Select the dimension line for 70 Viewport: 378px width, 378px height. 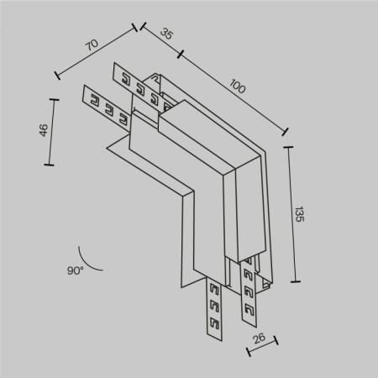(97, 53)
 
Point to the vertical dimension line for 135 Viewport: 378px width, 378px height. (292, 214)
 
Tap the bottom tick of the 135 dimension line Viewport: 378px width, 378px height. (296, 281)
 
